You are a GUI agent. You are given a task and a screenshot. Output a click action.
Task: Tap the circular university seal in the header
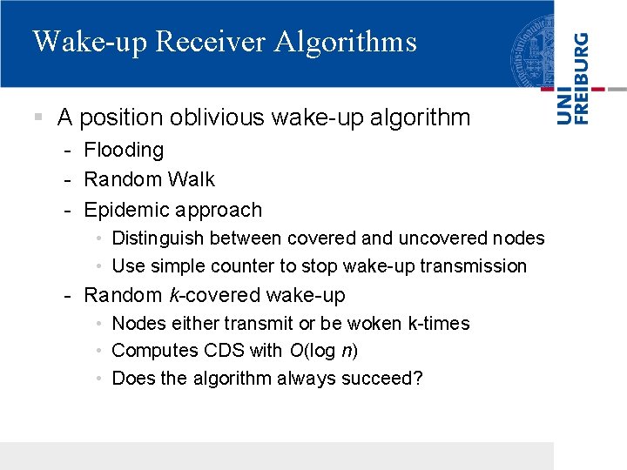pyautogui.click(x=532, y=44)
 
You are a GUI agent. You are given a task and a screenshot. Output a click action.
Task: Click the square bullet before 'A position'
pyautogui.click(x=37, y=116)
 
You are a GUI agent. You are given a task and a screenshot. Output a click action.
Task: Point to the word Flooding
pyautogui.click(x=124, y=150)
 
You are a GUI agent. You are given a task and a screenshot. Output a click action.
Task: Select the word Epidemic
pyautogui.click(x=125, y=210)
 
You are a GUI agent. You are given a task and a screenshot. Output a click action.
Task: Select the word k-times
pyautogui.click(x=439, y=323)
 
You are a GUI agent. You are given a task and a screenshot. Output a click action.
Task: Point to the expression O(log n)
pyautogui.click(x=322, y=350)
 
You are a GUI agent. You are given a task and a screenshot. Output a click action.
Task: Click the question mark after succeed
pyautogui.click(x=418, y=378)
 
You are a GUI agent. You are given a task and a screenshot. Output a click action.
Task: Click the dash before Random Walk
pyautogui.click(x=67, y=179)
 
